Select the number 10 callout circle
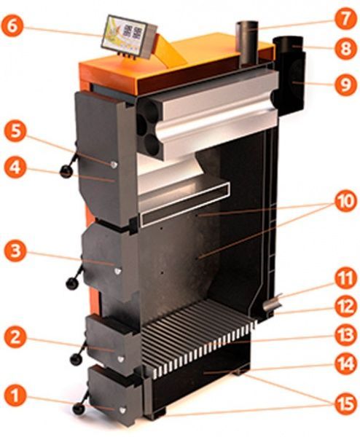coord(345,201)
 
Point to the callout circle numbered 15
coord(345,403)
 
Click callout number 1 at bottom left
coord(15,396)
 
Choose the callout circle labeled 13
coord(345,335)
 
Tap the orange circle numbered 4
coord(15,168)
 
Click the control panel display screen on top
coord(125,36)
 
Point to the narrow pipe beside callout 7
coord(246,44)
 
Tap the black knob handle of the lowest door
coord(79,409)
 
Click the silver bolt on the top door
coord(114,165)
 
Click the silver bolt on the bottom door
coord(122,410)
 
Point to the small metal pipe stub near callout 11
coord(271,303)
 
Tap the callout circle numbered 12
coord(345,307)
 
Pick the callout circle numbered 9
coord(345,84)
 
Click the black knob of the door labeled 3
coord(72,284)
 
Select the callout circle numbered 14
coord(345,364)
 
